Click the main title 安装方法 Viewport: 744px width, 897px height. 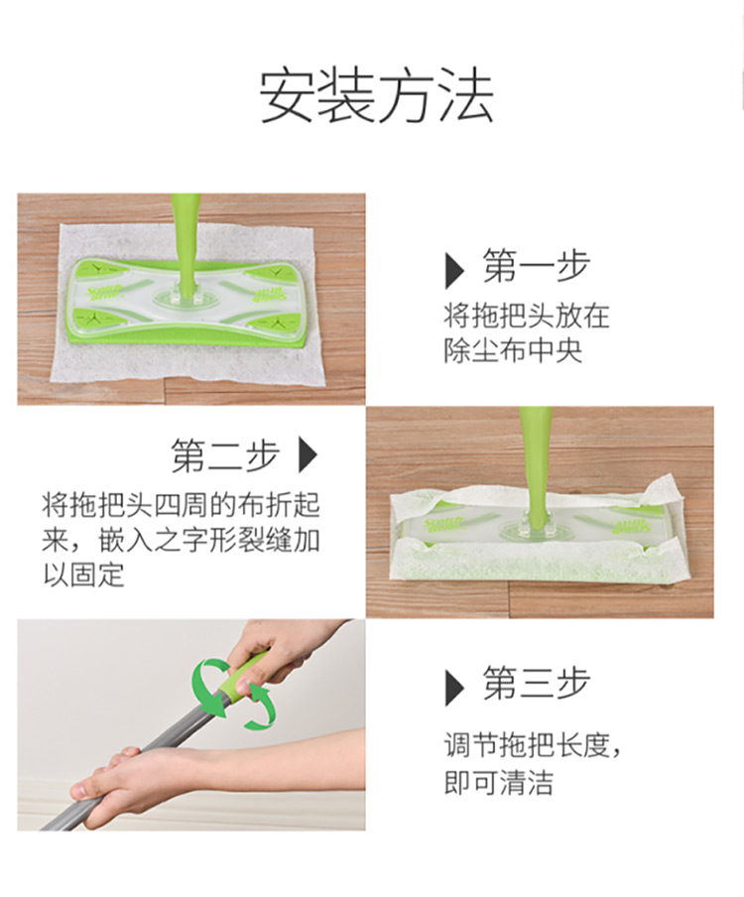376,96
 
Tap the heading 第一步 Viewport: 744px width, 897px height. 537,266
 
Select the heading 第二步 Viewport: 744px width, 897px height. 225,455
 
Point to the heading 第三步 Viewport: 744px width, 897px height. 537,683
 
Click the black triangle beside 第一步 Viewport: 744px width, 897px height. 454,270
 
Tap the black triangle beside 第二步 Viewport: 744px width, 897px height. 308,454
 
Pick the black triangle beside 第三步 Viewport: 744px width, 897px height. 454,688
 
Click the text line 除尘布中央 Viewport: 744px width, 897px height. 513,350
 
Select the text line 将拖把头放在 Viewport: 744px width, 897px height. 526,316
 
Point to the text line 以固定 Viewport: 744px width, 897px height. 83,575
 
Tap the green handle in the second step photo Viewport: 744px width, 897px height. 537,464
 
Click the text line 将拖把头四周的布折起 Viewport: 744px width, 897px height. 181,504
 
